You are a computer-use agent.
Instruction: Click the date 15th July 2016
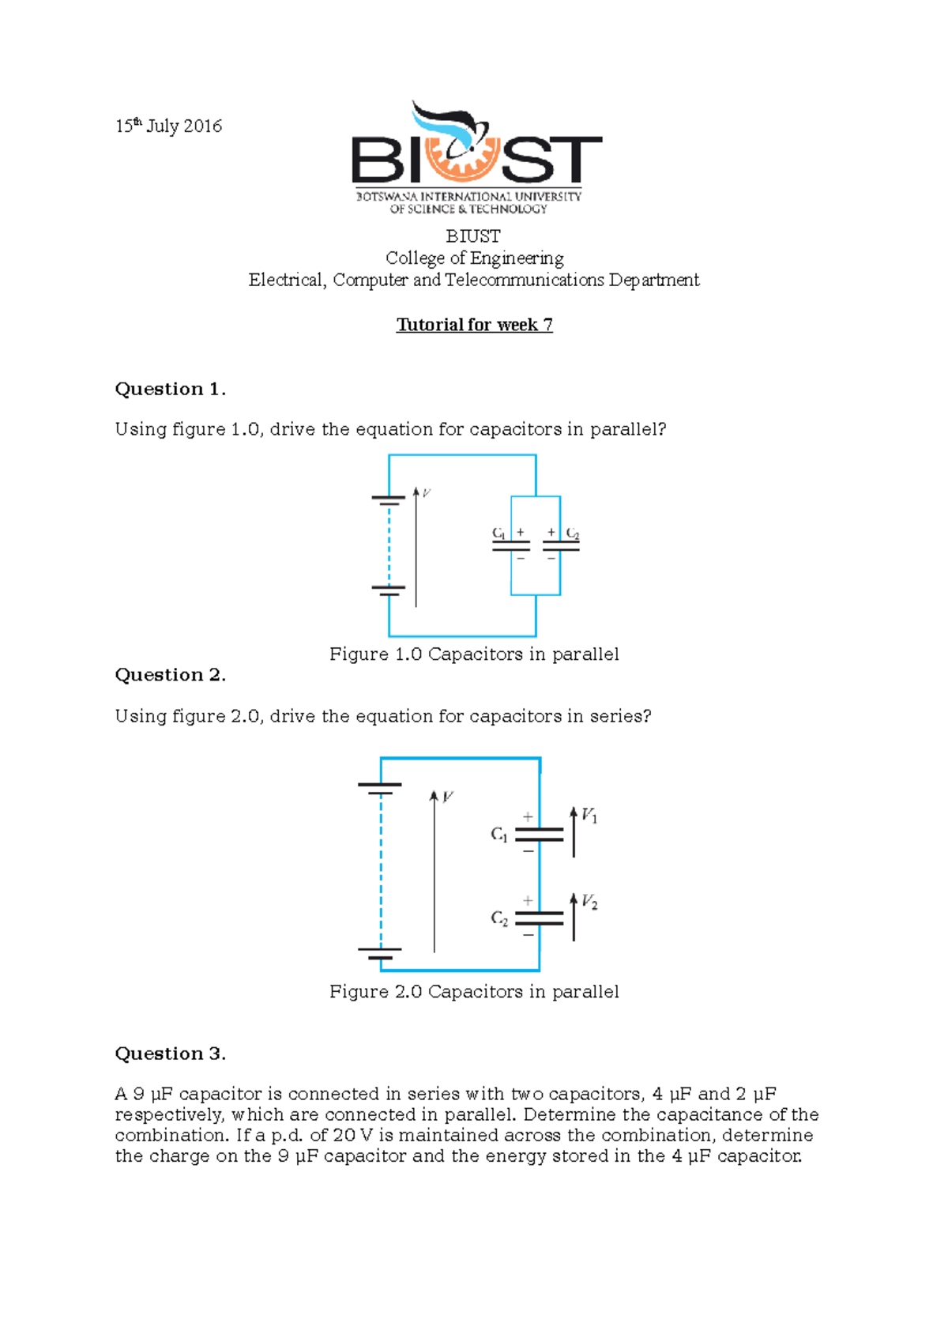pyautogui.click(x=168, y=126)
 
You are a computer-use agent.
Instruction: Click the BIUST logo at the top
pyautogui.click(x=476, y=158)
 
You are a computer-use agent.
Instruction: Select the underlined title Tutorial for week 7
pyautogui.click(x=474, y=325)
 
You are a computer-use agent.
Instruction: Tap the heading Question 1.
pyautogui.click(x=171, y=389)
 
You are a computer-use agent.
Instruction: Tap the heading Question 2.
pyautogui.click(x=171, y=675)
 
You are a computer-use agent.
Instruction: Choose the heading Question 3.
pyautogui.click(x=171, y=1054)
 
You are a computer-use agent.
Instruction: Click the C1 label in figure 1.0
pyautogui.click(x=498, y=533)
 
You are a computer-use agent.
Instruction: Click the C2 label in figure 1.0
pyautogui.click(x=573, y=534)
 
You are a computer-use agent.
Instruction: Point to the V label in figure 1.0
pyautogui.click(x=427, y=493)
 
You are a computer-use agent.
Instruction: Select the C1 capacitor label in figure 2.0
pyautogui.click(x=499, y=835)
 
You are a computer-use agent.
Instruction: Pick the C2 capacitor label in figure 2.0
pyautogui.click(x=499, y=918)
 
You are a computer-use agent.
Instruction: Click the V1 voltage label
pyautogui.click(x=589, y=815)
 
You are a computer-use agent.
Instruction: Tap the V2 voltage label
pyautogui.click(x=589, y=902)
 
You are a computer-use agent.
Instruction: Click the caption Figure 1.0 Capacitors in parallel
pyautogui.click(x=474, y=654)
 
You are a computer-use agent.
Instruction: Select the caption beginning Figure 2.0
pyautogui.click(x=474, y=992)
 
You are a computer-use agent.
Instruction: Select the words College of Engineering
pyautogui.click(x=474, y=258)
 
